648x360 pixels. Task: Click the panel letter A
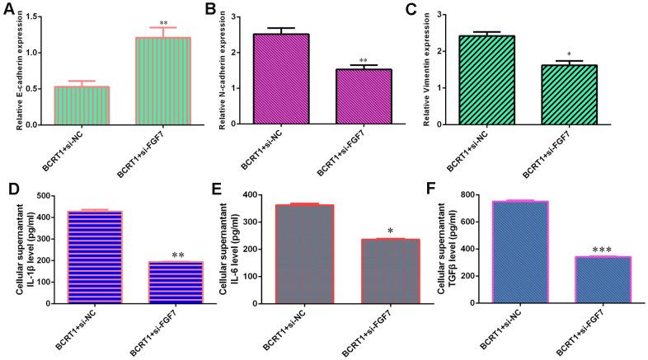tap(9, 11)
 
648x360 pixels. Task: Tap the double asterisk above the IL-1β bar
tap(178, 255)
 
